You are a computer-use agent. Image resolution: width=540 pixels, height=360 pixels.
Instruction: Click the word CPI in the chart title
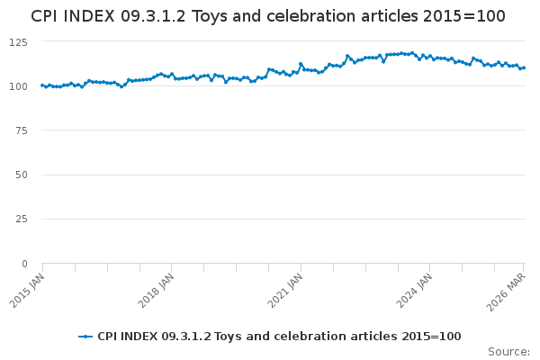point(46,16)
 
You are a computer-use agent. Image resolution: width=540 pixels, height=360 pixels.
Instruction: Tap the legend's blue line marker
point(85,337)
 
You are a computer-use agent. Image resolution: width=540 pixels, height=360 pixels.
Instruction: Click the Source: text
point(508,351)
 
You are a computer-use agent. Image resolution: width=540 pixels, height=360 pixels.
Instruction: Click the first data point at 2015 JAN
point(42,85)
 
